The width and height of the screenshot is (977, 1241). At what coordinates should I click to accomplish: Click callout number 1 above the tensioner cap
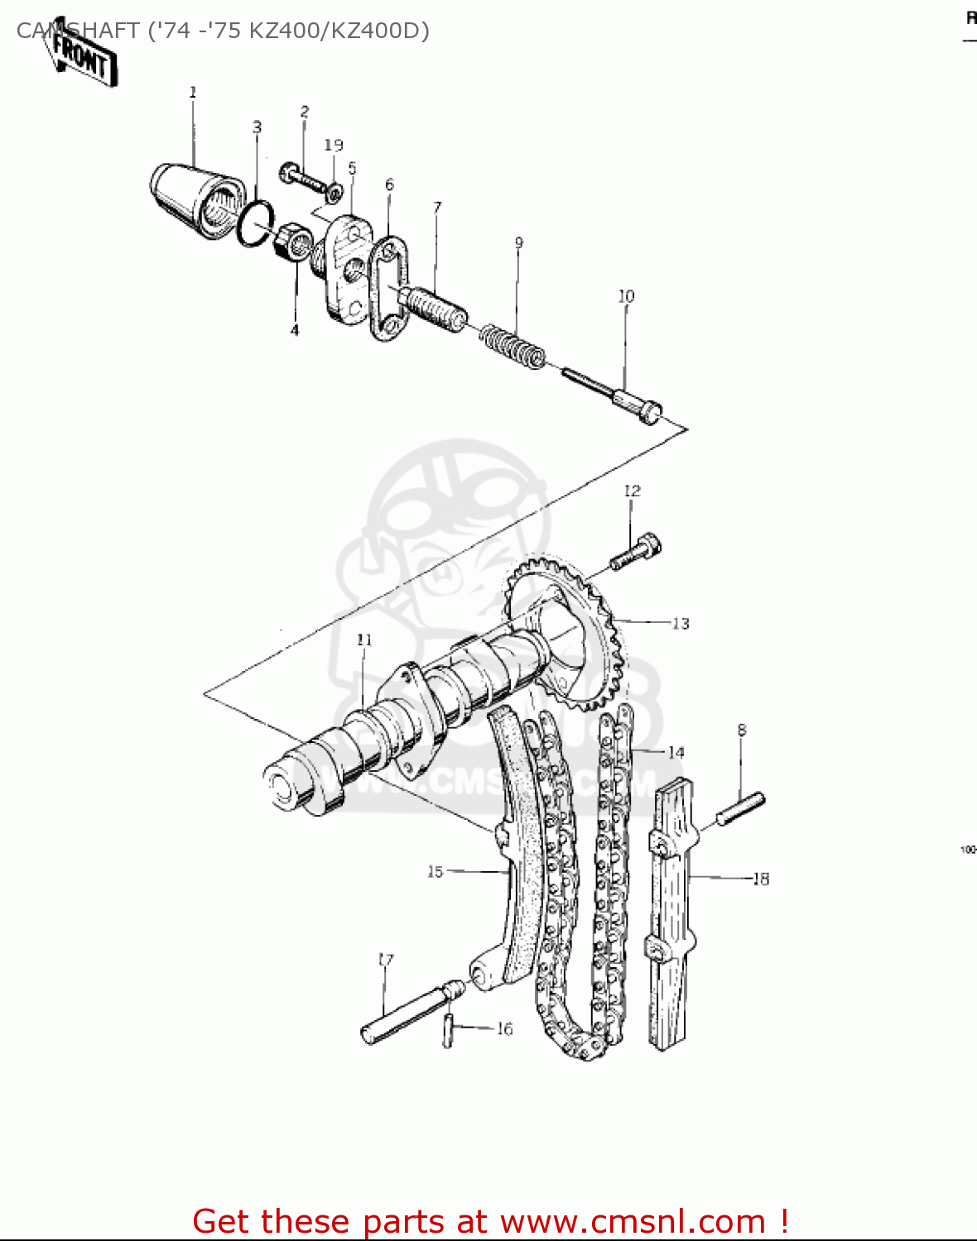pyautogui.click(x=193, y=92)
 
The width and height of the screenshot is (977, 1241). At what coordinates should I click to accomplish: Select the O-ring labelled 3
pyautogui.click(x=256, y=224)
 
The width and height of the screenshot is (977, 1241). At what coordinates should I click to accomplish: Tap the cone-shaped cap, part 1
pyautogui.click(x=196, y=196)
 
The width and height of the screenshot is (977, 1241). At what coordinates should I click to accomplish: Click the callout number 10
pyautogui.click(x=626, y=296)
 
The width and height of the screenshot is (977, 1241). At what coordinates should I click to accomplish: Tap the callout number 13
pyautogui.click(x=681, y=623)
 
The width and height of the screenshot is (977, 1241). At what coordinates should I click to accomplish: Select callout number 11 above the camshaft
pyautogui.click(x=364, y=640)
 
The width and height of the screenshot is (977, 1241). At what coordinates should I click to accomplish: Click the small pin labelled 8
pyautogui.click(x=740, y=808)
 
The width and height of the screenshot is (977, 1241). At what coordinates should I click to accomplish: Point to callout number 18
pyautogui.click(x=760, y=879)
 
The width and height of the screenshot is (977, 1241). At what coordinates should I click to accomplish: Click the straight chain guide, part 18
pyautogui.click(x=669, y=918)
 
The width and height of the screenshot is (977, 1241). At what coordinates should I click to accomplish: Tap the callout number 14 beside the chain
pyautogui.click(x=676, y=752)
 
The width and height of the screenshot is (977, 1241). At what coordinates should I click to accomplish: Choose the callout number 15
pyautogui.click(x=435, y=871)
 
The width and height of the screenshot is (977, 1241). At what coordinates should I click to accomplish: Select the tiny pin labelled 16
pyautogui.click(x=448, y=1030)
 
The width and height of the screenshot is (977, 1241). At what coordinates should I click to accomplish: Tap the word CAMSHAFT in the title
pyautogui.click(x=78, y=31)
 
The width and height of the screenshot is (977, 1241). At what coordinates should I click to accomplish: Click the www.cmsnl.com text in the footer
pyautogui.click(x=633, y=1221)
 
